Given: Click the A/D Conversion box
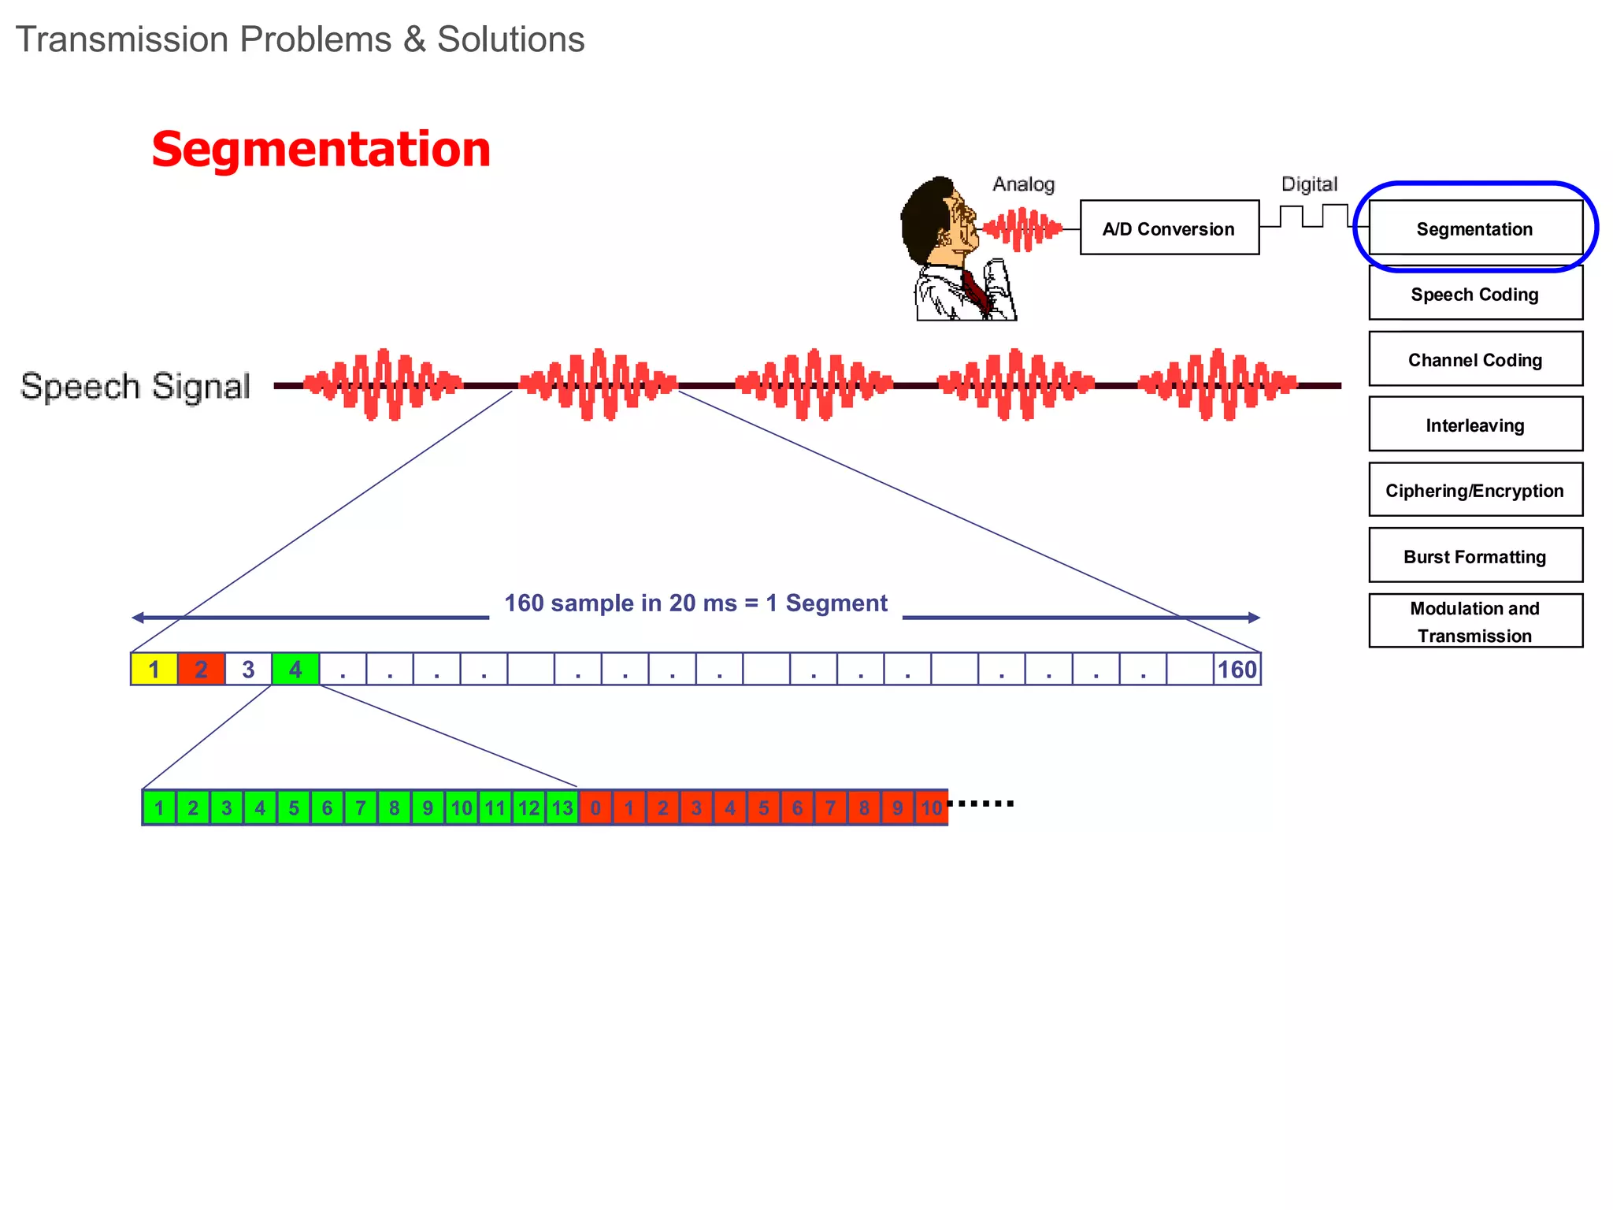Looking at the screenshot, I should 1169,228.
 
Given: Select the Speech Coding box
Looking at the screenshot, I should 1475,293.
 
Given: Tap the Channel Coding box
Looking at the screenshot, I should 1475,358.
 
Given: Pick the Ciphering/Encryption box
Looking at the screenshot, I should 1475,489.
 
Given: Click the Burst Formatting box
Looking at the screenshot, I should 1475,555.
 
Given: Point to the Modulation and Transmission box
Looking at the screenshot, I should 1475,621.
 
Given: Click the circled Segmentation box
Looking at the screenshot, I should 1475,228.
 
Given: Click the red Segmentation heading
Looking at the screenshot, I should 321,149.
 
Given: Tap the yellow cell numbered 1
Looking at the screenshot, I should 154,669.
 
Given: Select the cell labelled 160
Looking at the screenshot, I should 1237,669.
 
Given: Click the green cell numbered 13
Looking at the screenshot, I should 562,807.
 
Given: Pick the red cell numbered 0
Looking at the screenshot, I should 595,807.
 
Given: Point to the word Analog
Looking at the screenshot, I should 1023,184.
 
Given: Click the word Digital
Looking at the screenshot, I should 1309,184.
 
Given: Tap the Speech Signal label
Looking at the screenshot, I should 135,386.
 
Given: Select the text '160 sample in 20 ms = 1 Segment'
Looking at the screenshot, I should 695,603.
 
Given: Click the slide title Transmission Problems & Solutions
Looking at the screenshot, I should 300,39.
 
